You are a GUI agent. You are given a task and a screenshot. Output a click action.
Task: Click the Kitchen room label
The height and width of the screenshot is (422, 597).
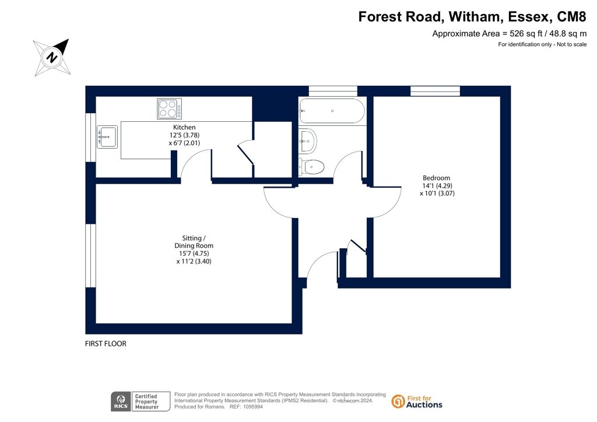tap(184, 128)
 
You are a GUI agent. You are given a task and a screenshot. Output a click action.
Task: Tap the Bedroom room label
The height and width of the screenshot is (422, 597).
tap(436, 178)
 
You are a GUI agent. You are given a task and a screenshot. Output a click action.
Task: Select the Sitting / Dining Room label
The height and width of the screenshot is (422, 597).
tap(194, 242)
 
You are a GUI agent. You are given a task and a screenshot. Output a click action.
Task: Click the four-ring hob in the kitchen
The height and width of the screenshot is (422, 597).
tap(170, 109)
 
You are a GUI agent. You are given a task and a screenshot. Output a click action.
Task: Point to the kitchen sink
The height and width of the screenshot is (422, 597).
tap(107, 136)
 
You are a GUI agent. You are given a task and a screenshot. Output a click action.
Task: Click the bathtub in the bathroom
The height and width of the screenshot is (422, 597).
tap(332, 111)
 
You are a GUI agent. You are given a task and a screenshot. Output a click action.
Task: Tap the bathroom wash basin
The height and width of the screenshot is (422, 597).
tap(307, 140)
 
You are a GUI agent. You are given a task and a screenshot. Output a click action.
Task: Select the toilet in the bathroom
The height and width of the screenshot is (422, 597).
tap(311, 167)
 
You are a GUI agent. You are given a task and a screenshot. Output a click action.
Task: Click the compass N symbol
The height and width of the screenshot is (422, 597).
tap(52, 58)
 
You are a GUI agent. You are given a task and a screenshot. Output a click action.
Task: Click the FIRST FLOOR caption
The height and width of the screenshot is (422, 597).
tap(106, 344)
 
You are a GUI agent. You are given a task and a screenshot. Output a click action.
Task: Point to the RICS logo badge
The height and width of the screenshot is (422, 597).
tap(121, 402)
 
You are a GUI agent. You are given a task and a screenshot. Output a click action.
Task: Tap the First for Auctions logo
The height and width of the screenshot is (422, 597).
tap(417, 402)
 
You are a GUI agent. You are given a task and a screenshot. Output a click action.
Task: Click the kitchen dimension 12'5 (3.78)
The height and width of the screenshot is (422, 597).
tap(184, 135)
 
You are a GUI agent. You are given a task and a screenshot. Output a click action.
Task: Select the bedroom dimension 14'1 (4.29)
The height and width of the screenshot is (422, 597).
tap(437, 186)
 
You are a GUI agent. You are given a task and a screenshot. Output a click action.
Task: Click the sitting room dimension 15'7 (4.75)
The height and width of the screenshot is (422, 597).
tap(194, 254)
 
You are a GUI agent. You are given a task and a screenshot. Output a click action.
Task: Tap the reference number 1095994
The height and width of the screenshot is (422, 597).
tap(252, 407)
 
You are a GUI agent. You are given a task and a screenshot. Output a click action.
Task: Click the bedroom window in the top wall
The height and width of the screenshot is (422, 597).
tap(435, 92)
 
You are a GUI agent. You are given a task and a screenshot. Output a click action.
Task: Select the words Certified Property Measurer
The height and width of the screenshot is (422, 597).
tap(146, 402)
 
